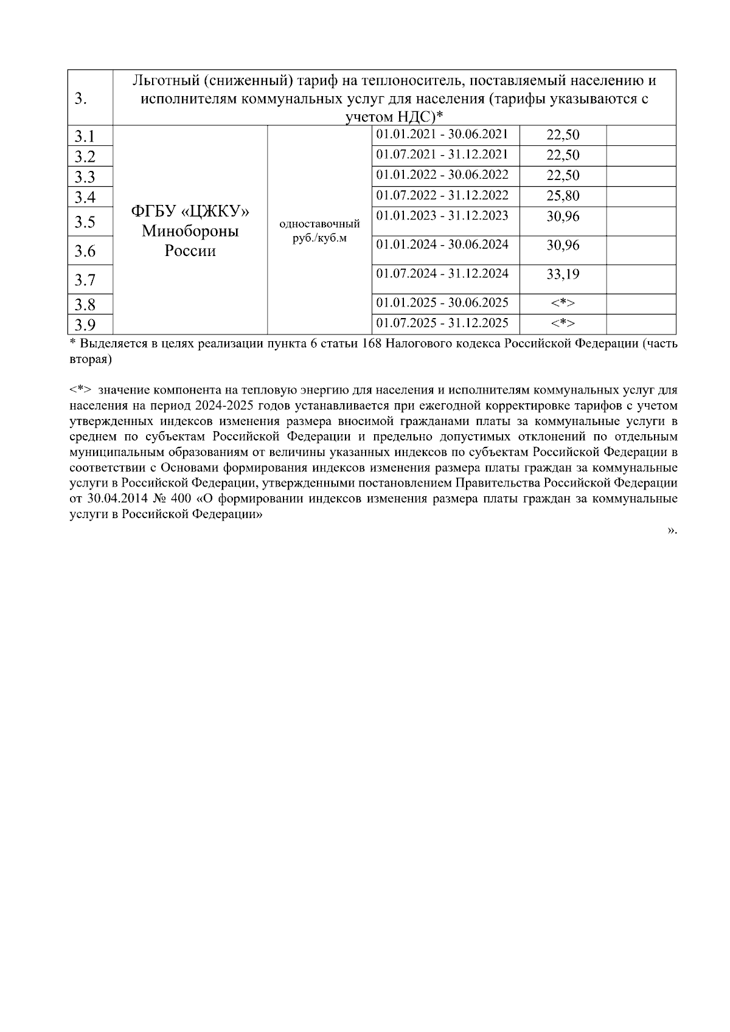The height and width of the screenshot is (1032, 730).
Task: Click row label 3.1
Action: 85,136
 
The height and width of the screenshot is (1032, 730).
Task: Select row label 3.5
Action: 85,222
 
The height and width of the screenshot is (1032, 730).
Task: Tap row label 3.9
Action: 85,324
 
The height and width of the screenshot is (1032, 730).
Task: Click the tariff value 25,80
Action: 563,196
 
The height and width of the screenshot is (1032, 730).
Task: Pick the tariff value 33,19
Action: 563,274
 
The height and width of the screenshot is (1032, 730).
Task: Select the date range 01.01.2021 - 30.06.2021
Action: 442,134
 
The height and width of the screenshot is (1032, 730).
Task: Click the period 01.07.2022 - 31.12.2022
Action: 442,195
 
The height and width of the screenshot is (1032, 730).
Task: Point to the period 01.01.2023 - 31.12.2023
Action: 442,216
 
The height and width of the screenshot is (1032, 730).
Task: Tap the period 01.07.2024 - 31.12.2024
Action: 442,274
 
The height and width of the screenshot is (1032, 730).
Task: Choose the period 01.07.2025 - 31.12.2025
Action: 442,322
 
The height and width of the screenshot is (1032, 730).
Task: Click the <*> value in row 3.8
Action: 563,303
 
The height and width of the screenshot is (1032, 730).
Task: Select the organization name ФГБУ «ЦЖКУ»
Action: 190,212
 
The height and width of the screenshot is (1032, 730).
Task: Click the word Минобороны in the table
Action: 190,232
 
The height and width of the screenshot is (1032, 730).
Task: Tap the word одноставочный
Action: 319,224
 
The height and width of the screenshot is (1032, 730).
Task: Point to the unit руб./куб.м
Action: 319,238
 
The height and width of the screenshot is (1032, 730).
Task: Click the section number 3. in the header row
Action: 80,99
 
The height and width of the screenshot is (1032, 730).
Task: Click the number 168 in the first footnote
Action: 371,344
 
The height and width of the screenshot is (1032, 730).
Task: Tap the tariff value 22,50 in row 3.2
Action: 563,155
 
